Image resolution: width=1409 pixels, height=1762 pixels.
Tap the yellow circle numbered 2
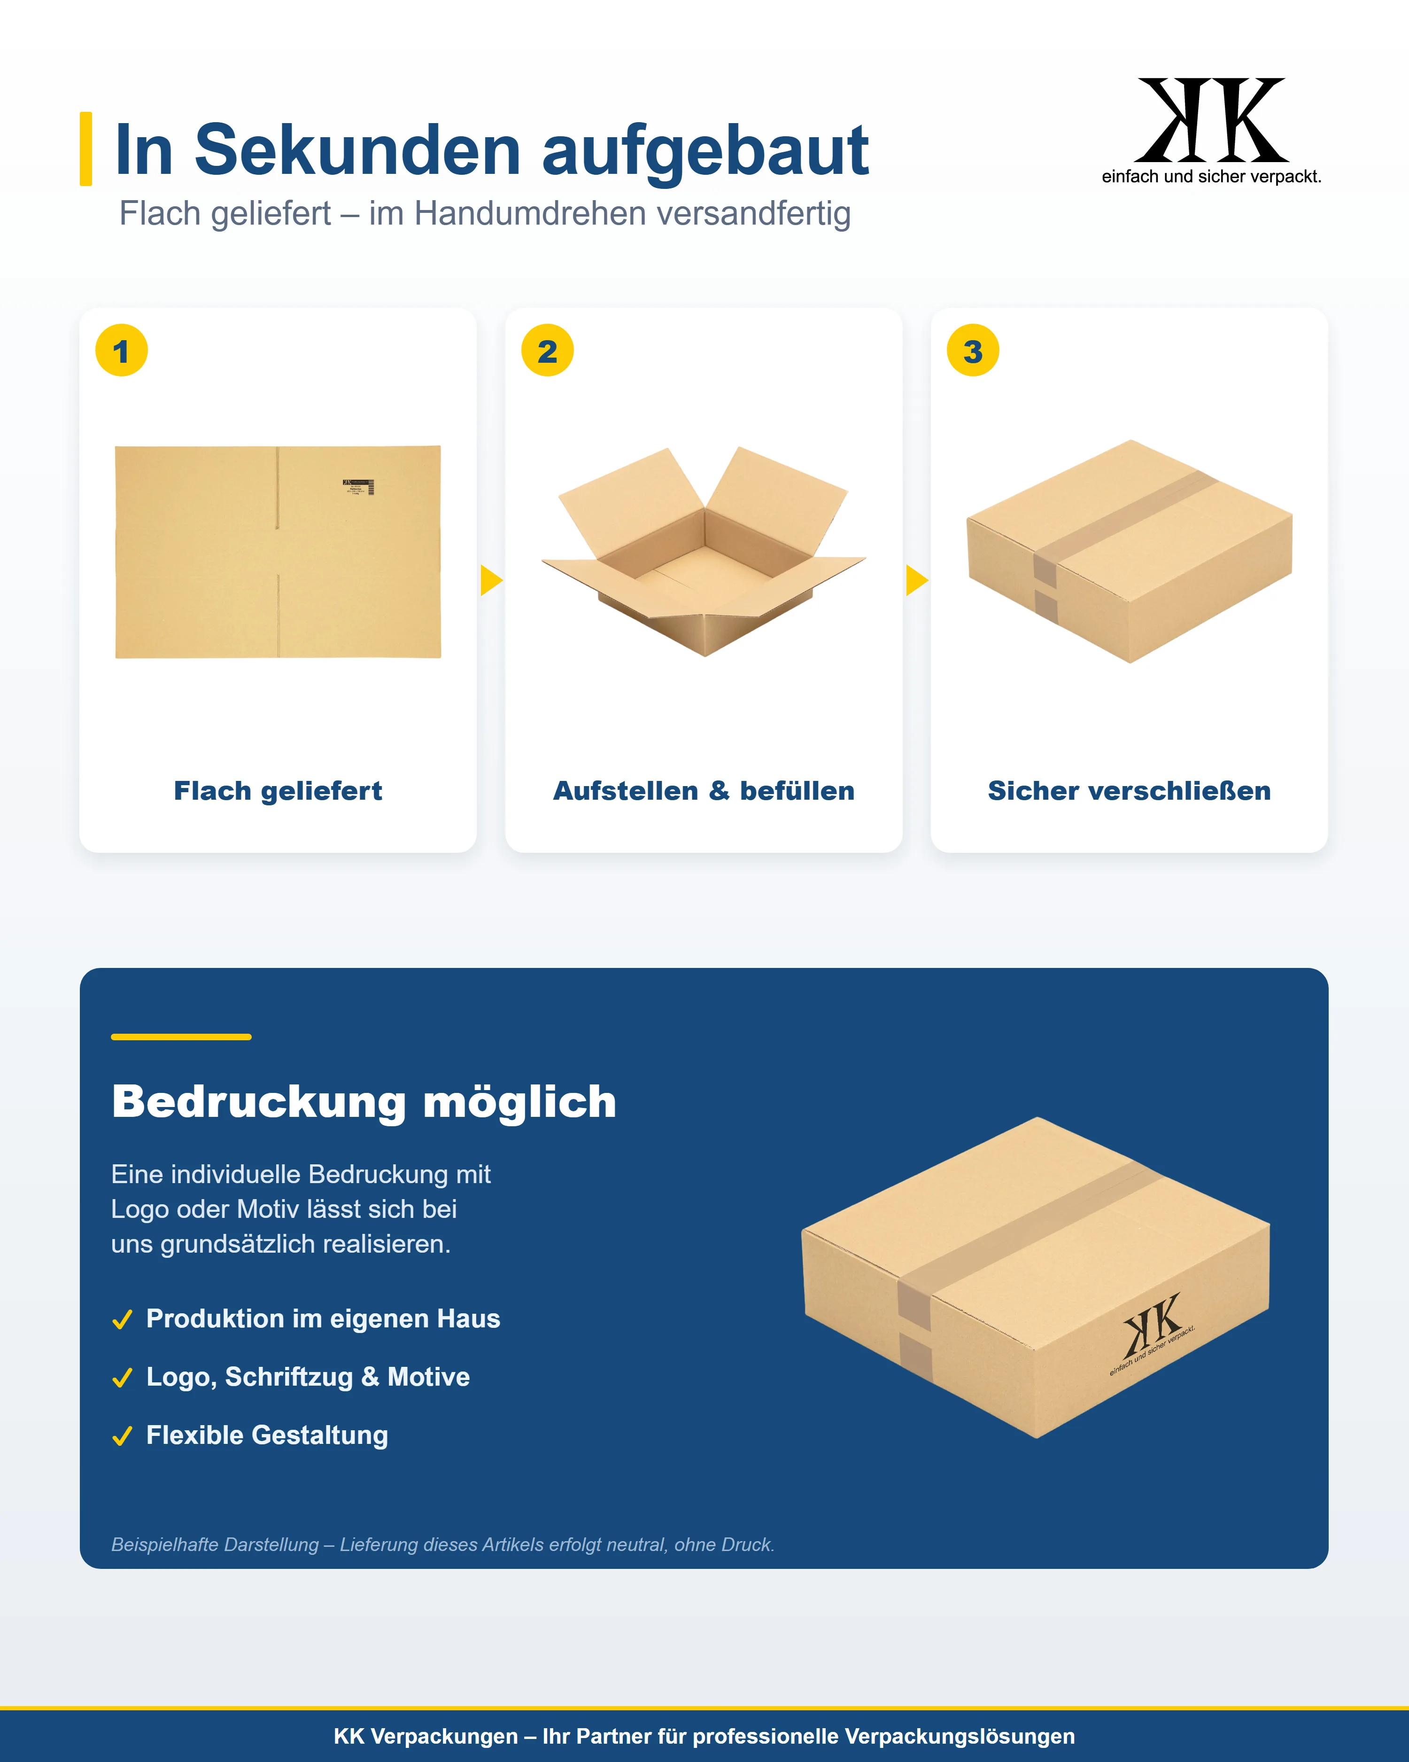[547, 351]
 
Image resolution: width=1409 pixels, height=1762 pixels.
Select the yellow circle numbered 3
[973, 351]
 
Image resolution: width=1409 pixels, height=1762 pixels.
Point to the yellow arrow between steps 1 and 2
[491, 580]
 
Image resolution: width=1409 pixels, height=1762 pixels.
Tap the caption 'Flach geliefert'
[278, 791]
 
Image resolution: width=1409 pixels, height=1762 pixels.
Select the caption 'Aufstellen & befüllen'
[704, 791]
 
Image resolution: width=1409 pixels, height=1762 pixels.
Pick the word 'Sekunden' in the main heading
[358, 150]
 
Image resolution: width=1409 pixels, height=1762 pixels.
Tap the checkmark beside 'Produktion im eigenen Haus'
[123, 1320]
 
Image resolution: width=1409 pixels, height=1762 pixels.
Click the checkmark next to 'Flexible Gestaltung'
[123, 1436]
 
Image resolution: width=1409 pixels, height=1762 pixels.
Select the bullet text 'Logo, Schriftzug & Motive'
[308, 1377]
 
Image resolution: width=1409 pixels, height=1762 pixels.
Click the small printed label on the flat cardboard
[358, 487]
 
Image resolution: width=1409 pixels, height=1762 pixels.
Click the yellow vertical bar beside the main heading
[86, 149]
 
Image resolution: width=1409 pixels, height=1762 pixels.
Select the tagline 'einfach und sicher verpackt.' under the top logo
[1211, 177]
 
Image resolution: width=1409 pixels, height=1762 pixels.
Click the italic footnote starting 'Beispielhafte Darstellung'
[443, 1544]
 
